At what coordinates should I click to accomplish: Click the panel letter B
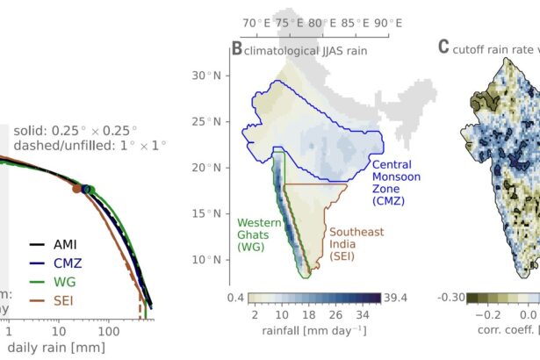click(236, 49)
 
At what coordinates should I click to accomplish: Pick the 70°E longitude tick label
click(256, 23)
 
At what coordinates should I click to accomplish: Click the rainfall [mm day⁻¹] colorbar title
click(314, 331)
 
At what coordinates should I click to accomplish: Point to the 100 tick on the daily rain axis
click(107, 334)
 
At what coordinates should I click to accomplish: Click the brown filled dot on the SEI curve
click(77, 187)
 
